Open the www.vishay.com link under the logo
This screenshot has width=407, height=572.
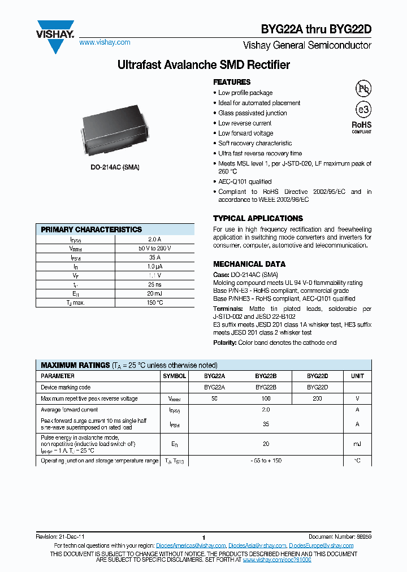click(105, 42)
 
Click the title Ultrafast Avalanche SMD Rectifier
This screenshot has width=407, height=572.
click(203, 65)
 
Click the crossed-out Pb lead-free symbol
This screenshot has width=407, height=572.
click(362, 89)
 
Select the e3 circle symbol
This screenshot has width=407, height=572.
click(362, 110)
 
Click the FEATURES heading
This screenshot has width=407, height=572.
click(232, 82)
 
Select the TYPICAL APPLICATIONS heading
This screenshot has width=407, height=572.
click(258, 218)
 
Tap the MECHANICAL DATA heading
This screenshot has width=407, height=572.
click(249, 264)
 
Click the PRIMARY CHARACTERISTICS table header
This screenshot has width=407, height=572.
click(92, 229)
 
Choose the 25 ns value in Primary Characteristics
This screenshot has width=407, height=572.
click(154, 284)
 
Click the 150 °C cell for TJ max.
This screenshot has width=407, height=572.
click(154, 302)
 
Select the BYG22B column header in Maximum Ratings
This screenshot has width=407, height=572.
click(265, 376)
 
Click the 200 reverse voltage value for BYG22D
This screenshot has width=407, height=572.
click(317, 398)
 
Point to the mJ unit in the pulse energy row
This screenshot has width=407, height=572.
click(357, 444)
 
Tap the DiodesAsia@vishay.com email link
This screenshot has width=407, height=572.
click(257, 545)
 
